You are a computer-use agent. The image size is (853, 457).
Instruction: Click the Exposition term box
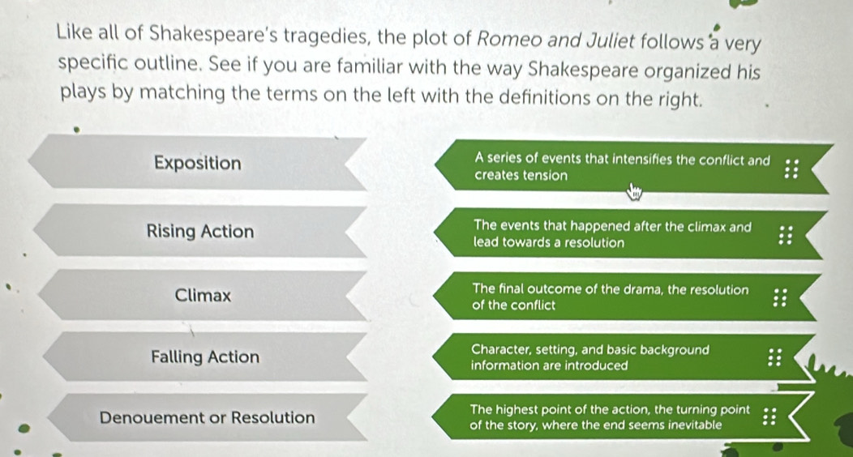click(198, 163)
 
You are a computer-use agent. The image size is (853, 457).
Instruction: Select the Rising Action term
click(199, 231)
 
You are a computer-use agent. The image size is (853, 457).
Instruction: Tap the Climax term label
click(203, 295)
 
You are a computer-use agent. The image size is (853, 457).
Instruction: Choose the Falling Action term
click(205, 357)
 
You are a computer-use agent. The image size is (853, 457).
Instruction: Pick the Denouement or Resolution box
click(207, 417)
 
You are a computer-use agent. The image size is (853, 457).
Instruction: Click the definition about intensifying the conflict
click(631, 167)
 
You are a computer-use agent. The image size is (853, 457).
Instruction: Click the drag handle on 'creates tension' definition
click(791, 169)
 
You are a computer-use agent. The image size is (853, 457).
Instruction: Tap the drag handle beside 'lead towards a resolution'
click(786, 235)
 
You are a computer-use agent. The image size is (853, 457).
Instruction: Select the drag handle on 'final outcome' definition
click(780, 297)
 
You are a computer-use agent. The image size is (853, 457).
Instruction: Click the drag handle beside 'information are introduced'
click(774, 357)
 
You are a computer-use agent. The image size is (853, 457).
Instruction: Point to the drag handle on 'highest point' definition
click(769, 416)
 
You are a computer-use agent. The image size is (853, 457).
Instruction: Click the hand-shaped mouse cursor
click(634, 191)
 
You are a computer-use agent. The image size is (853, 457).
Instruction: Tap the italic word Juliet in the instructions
click(609, 41)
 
